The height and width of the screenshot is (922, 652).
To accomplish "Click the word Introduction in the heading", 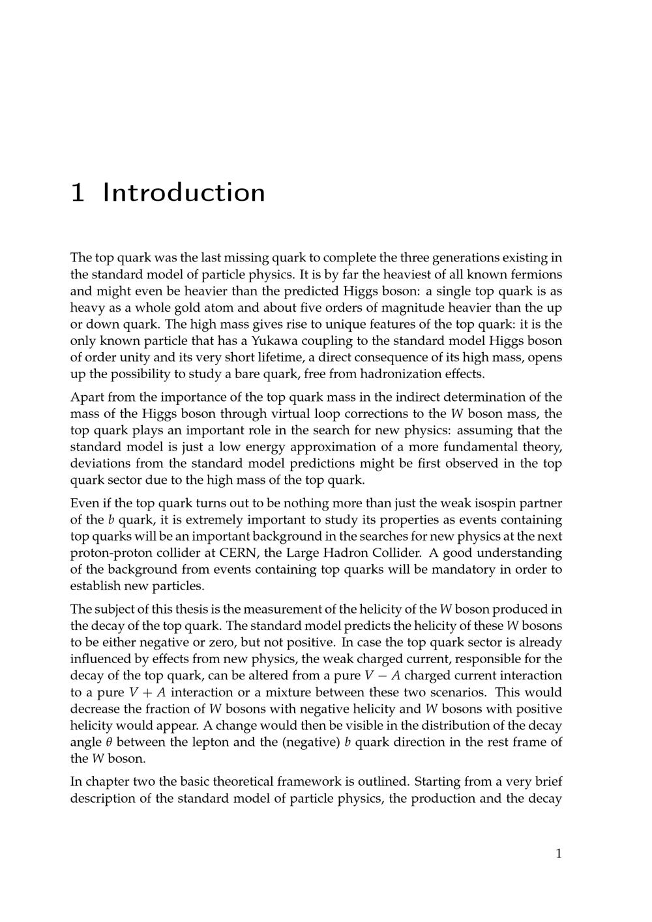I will (x=184, y=193).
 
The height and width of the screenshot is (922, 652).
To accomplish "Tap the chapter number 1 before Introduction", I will (x=78, y=193).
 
